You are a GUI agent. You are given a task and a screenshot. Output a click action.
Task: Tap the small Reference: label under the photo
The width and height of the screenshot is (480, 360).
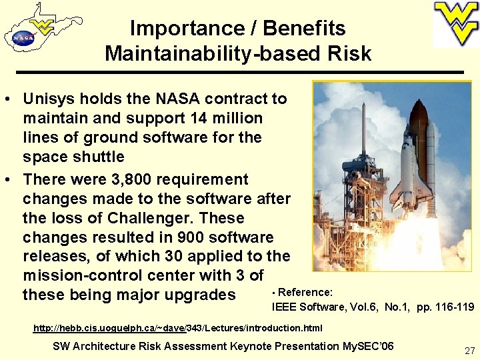click(305, 292)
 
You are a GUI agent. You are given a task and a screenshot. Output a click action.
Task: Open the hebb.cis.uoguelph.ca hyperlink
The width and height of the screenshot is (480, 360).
click(177, 328)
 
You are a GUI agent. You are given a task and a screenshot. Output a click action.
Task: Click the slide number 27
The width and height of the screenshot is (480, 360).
click(469, 350)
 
